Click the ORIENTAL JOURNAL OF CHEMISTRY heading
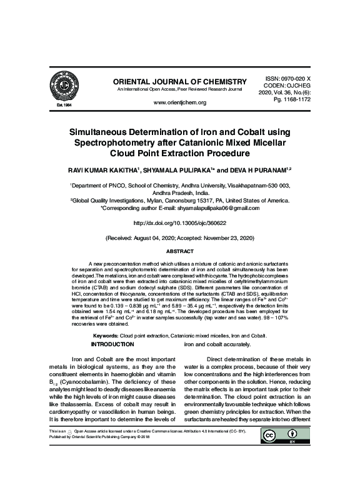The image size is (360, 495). [x=176, y=82]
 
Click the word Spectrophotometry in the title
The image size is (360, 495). [x=134, y=142]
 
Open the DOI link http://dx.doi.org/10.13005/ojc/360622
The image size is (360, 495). [x=180, y=222]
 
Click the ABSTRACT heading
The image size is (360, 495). [x=180, y=251]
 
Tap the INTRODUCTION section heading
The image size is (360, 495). [x=112, y=344]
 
